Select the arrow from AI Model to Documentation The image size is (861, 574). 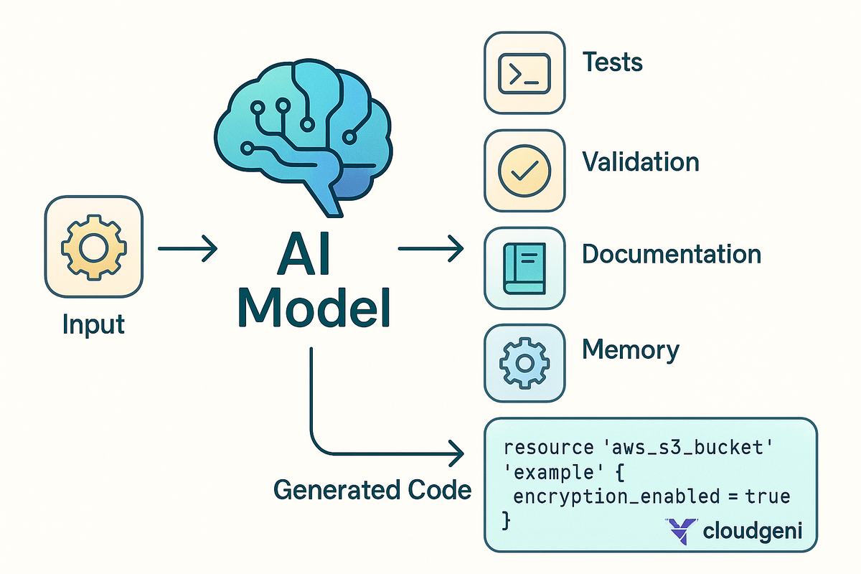coord(429,249)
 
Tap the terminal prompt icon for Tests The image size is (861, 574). coord(524,72)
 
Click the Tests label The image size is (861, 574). coord(612,62)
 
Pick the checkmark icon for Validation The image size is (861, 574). coord(524,170)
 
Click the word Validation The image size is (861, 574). coord(640,161)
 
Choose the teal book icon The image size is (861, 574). coord(524,268)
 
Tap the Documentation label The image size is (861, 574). coord(672,254)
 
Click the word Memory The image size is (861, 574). coord(630,350)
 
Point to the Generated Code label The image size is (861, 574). coord(372,490)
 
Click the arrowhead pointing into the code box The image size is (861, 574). coord(456,453)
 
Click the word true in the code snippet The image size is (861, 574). coord(768,496)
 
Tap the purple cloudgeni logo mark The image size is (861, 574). coord(679,532)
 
